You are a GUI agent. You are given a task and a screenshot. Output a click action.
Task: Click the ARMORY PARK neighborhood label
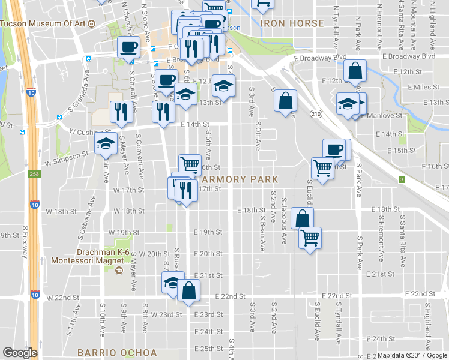pos(240,179)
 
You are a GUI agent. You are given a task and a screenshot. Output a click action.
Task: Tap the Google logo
pos(20,352)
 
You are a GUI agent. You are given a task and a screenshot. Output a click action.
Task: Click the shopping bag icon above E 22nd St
pos(189,290)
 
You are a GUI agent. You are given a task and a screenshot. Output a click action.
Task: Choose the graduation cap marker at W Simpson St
pos(106,144)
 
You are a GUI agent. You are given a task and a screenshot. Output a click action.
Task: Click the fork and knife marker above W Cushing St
pos(121,112)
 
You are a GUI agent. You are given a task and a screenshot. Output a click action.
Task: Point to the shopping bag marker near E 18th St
pos(302,218)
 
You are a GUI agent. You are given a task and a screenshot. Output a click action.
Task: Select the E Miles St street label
pos(423,87)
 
